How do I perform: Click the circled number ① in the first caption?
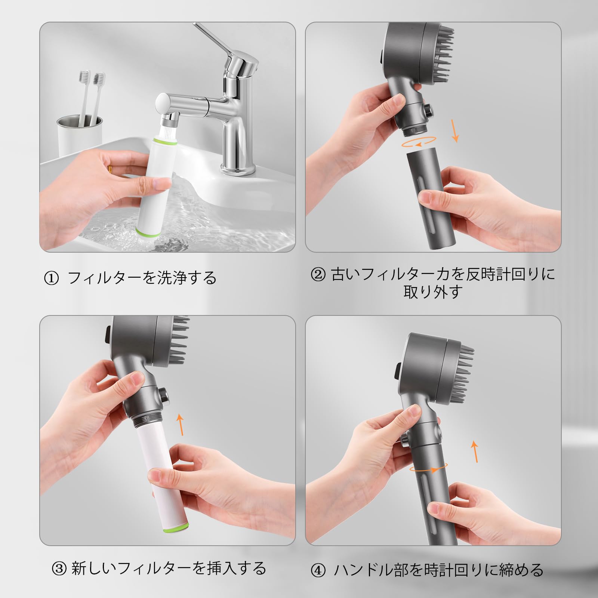51,278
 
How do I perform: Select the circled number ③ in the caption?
59,569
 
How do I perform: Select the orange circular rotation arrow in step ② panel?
418,142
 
